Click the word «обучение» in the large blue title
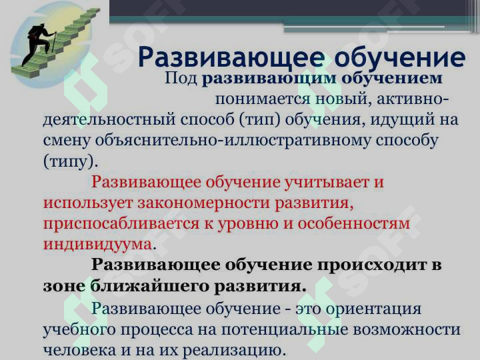(399, 58)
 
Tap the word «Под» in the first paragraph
(180, 79)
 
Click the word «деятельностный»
(107, 121)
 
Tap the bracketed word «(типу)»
(69, 162)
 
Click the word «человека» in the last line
(78, 349)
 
